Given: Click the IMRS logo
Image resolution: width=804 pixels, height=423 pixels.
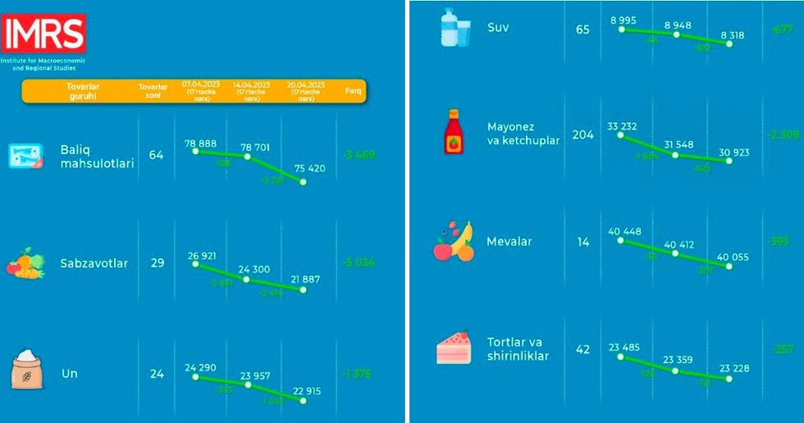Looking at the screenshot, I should tap(43, 34).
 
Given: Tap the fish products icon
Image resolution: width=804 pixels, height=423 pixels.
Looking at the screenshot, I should tap(25, 155).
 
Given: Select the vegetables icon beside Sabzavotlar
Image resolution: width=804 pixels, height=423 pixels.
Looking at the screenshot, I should tap(25, 263).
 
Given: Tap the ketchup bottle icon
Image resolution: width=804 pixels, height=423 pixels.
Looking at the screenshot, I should tap(454, 133).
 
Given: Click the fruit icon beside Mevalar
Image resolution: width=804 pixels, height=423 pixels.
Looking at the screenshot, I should tap(454, 242).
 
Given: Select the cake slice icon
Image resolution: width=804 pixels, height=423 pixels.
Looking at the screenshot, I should tap(454, 348).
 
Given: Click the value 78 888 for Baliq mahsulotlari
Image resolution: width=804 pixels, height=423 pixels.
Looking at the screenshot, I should tap(200, 143).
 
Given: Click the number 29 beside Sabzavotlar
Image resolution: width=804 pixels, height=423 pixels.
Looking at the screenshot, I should tap(157, 263).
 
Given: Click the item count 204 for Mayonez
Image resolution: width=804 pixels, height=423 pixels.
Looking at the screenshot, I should tap(582, 134).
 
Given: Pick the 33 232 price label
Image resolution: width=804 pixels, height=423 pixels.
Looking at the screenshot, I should tap(623, 125).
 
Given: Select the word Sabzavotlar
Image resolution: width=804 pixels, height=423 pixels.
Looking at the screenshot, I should tap(94, 263).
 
